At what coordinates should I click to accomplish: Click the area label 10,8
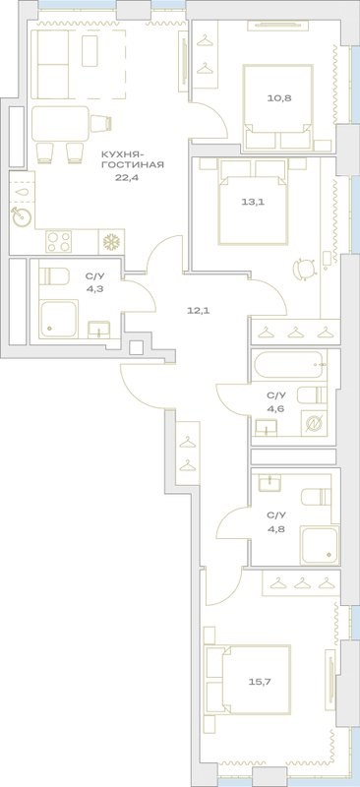pyautogui.click(x=278, y=97)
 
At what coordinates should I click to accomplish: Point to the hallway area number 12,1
pyautogui.click(x=198, y=310)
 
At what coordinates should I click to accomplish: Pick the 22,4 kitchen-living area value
pyautogui.click(x=124, y=176)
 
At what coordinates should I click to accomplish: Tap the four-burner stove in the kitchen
pyautogui.click(x=59, y=242)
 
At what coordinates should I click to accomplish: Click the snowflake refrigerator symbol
pyautogui.click(x=110, y=242)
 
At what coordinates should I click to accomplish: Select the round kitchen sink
pyautogui.click(x=22, y=216)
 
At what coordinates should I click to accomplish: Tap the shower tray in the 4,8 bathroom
pyautogui.click(x=320, y=544)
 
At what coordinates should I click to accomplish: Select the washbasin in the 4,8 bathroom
pyautogui.click(x=270, y=483)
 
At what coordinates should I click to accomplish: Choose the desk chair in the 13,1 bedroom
pyautogui.click(x=304, y=268)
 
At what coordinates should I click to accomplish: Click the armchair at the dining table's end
pyautogui.click(x=101, y=122)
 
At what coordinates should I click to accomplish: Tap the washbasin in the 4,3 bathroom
pyautogui.click(x=99, y=330)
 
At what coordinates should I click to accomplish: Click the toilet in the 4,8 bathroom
pyautogui.click(x=317, y=498)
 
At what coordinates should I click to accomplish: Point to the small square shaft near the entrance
pyautogui.click(x=136, y=348)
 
